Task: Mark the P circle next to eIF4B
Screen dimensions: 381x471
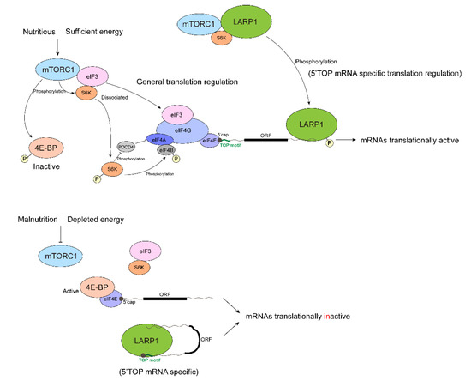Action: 177,159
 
